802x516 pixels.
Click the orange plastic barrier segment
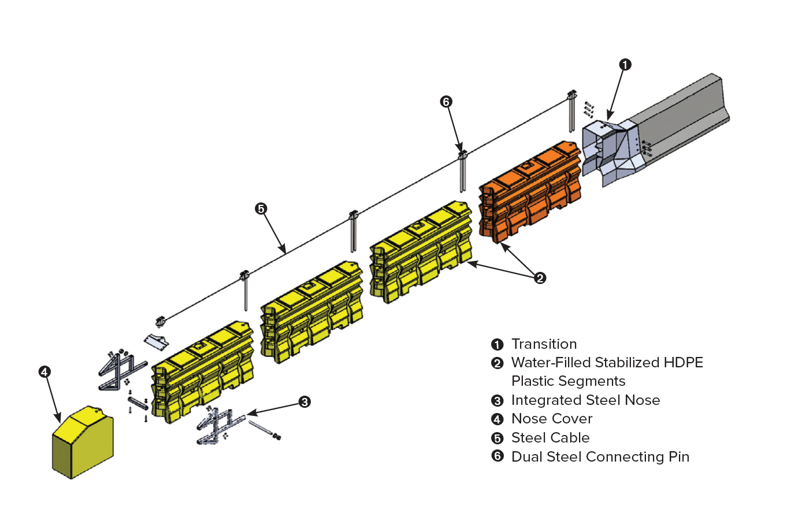(x=529, y=191)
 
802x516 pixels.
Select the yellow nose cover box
(x=83, y=443)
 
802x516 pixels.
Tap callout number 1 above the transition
(x=625, y=65)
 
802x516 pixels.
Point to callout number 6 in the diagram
(x=446, y=102)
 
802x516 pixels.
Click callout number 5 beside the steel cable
(x=261, y=208)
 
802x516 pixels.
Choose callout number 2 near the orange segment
(x=540, y=278)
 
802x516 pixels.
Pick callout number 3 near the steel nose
(x=305, y=401)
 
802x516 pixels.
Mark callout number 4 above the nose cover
(x=45, y=372)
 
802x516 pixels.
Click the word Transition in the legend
(x=544, y=344)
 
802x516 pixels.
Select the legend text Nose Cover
(x=552, y=419)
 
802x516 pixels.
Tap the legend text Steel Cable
(x=550, y=438)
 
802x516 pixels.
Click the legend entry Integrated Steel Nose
(x=585, y=400)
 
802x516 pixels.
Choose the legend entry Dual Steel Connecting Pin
(x=600, y=457)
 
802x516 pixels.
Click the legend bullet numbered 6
(x=497, y=456)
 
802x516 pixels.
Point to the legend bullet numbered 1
(x=497, y=345)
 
